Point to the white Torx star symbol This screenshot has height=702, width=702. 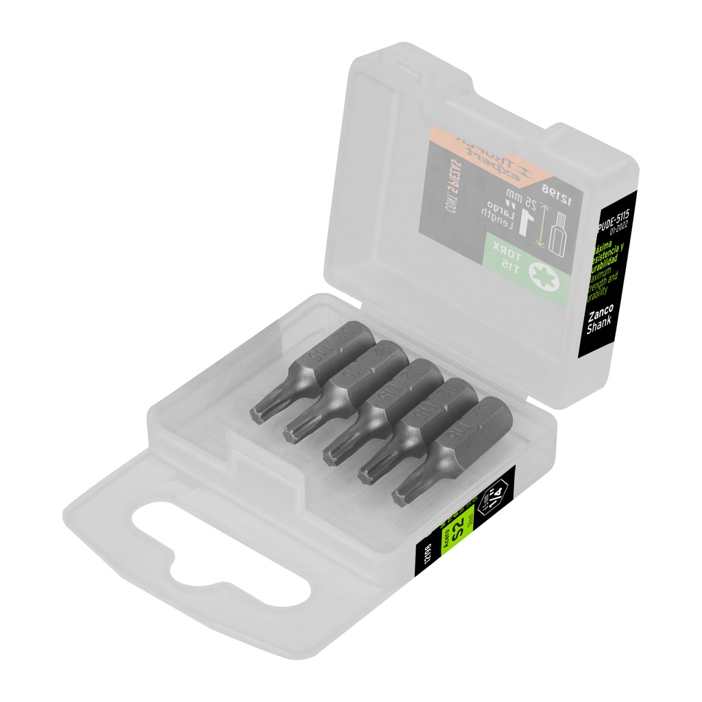pyautogui.click(x=546, y=278)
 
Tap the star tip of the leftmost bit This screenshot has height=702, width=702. pyautogui.click(x=258, y=413)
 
